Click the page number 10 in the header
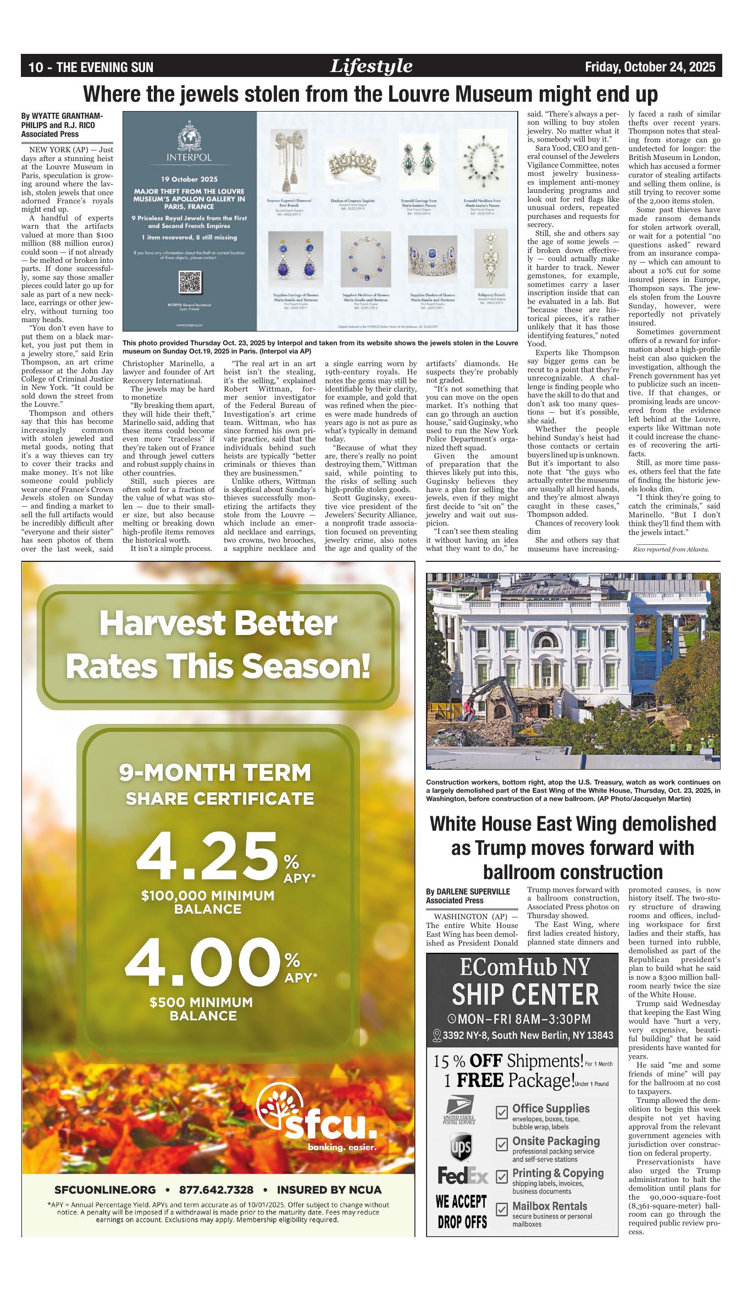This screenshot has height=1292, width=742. click(x=36, y=68)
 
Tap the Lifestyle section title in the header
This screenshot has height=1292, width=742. click(x=371, y=67)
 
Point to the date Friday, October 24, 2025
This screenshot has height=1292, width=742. click(x=650, y=67)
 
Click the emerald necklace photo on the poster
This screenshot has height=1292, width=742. click(x=482, y=164)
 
